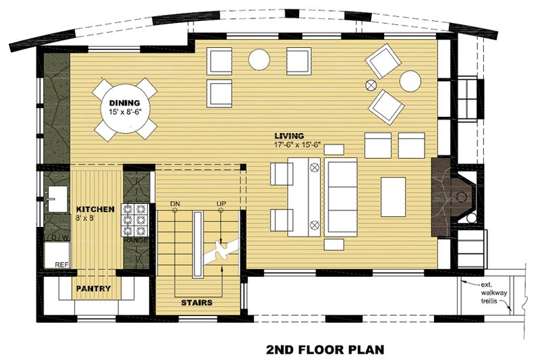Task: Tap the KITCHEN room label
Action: pyautogui.click(x=90, y=209)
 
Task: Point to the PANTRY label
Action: pyautogui.click(x=93, y=289)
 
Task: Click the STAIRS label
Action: pyautogui.click(x=196, y=303)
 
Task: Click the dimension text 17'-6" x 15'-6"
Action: pyautogui.click(x=297, y=145)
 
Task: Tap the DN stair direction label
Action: pyautogui.click(x=175, y=203)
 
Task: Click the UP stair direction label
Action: pyautogui.click(x=221, y=203)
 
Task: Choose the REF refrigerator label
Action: pyautogui.click(x=61, y=265)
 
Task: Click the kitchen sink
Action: pyautogui.click(x=55, y=199)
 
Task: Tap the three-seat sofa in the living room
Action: pyautogui.click(x=342, y=197)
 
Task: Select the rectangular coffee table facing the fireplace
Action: pyautogui.click(x=393, y=196)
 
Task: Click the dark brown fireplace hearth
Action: pyautogui.click(x=441, y=197)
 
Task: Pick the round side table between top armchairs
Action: pyautogui.click(x=259, y=59)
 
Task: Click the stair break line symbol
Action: pyautogui.click(x=220, y=251)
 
